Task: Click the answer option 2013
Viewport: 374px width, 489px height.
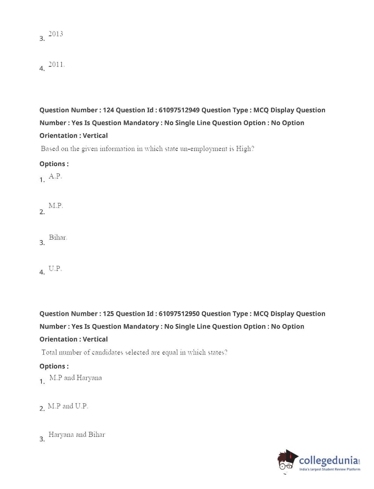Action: (56, 34)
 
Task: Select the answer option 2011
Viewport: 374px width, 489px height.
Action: (56, 65)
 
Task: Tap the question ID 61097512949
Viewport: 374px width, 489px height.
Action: (179, 110)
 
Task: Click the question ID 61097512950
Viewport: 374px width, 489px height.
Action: (179, 314)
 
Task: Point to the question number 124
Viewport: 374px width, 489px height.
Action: (108, 110)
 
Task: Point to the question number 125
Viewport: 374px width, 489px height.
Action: (108, 314)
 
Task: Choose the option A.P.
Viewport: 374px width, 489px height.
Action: (55, 176)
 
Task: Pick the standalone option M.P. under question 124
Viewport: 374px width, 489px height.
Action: (56, 206)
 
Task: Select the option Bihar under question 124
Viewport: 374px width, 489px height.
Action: (58, 237)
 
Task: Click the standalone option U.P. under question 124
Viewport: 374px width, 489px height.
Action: (55, 269)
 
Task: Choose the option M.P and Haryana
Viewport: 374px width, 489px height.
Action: (76, 378)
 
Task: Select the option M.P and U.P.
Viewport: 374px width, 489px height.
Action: (68, 406)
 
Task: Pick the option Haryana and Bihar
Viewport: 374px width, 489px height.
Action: (77, 435)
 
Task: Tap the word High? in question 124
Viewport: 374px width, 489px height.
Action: (245, 149)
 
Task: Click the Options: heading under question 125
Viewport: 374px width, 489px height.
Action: (54, 366)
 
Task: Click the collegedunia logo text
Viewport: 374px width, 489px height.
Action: (328, 461)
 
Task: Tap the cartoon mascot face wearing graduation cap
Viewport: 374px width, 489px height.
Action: (287, 461)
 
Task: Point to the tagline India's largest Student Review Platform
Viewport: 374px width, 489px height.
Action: (330, 469)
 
